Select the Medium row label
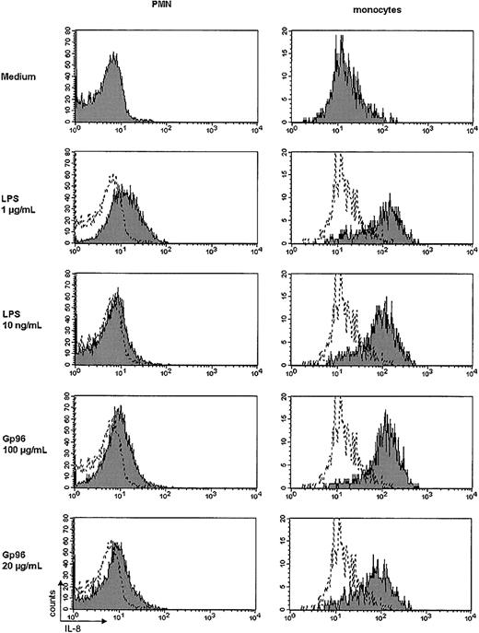(23, 78)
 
